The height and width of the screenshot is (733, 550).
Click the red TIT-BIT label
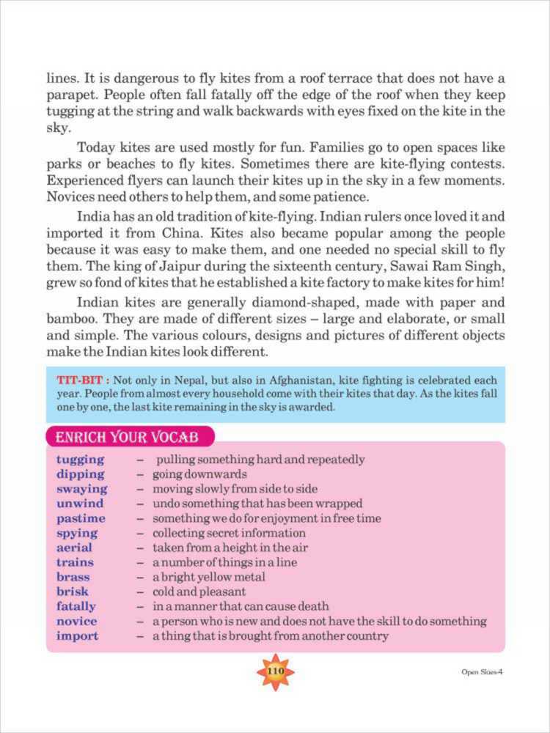click(82, 380)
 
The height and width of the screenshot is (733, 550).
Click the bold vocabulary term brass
click(73, 577)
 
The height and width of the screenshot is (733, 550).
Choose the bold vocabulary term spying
click(77, 533)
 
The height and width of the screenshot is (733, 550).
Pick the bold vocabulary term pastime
click(81, 518)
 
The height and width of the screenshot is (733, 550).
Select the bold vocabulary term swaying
click(81, 489)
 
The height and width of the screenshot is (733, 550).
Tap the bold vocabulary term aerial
click(74, 548)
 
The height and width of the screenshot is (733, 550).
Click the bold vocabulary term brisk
click(72, 592)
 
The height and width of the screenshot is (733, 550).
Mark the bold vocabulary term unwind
click(80, 504)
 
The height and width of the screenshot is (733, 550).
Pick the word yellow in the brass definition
click(210, 577)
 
